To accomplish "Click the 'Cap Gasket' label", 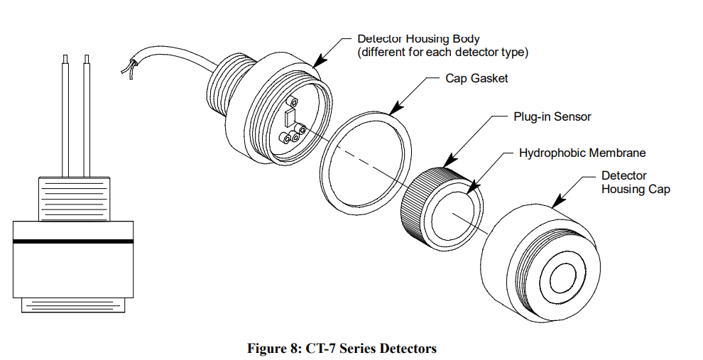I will (476, 78).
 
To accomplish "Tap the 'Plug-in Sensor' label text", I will (552, 116).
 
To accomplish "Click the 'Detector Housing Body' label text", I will (418, 38).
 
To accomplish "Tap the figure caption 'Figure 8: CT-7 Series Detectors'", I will (342, 348).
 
